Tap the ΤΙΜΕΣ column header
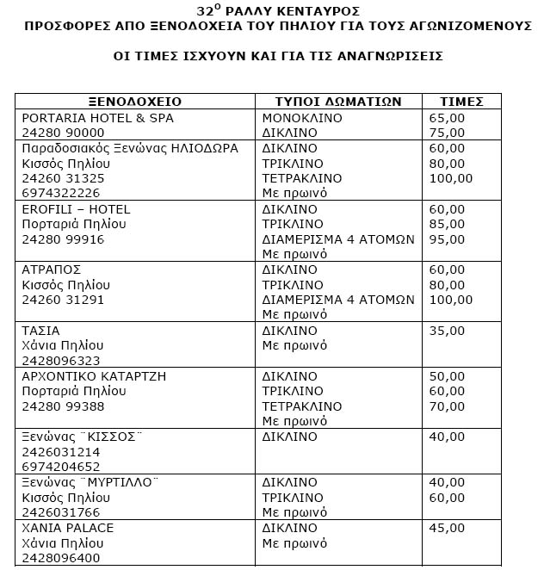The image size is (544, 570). pyautogui.click(x=462, y=102)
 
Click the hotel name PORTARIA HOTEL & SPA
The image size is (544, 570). pyautogui.click(x=91, y=118)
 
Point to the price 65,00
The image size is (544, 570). pyautogui.click(x=447, y=118)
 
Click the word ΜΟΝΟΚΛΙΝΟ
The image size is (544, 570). pyautogui.click(x=302, y=118)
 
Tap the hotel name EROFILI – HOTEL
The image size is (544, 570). pyautogui.click(x=76, y=209)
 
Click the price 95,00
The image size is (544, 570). pyautogui.click(x=447, y=239)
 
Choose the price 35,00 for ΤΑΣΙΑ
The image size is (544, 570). pyautogui.click(x=447, y=331)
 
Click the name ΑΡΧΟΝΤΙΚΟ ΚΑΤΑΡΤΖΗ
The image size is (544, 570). pyautogui.click(x=94, y=376)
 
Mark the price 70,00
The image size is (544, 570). pyautogui.click(x=447, y=406)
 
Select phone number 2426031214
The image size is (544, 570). pyautogui.click(x=60, y=452)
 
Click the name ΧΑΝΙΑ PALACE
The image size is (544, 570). pyautogui.click(x=68, y=528)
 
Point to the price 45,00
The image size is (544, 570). pyautogui.click(x=447, y=528)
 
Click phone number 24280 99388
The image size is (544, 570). pyautogui.click(x=63, y=406)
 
